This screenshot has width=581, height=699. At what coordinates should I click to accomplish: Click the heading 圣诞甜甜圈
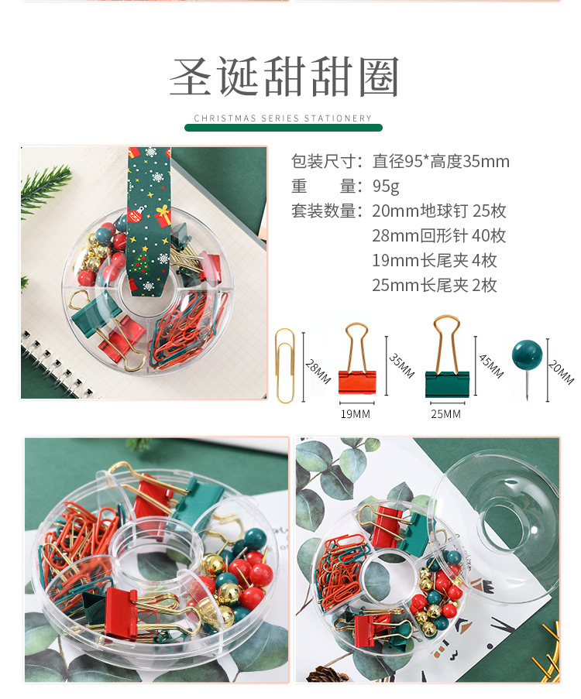coord(284,78)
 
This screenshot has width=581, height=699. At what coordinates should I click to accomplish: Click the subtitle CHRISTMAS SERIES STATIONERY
coord(283,118)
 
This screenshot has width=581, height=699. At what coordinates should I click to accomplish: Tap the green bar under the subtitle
coord(283,128)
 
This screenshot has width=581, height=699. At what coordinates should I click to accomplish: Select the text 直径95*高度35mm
coord(441,162)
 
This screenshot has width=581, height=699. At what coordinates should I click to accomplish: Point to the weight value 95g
coord(386,187)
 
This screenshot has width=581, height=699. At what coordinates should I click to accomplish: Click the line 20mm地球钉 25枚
coord(438,211)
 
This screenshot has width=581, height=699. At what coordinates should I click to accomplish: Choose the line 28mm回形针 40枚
coord(438,236)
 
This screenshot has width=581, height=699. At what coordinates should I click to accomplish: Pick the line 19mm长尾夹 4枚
coord(434,261)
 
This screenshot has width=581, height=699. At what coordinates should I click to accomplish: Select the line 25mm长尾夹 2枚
coord(434,286)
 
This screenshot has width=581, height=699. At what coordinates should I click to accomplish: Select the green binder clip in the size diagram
coord(447,364)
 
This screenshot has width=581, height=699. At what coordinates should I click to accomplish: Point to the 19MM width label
coord(356,414)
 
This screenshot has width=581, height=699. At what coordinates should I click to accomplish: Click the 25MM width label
coord(445,414)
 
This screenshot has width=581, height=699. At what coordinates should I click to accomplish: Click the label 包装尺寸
coord(326,162)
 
